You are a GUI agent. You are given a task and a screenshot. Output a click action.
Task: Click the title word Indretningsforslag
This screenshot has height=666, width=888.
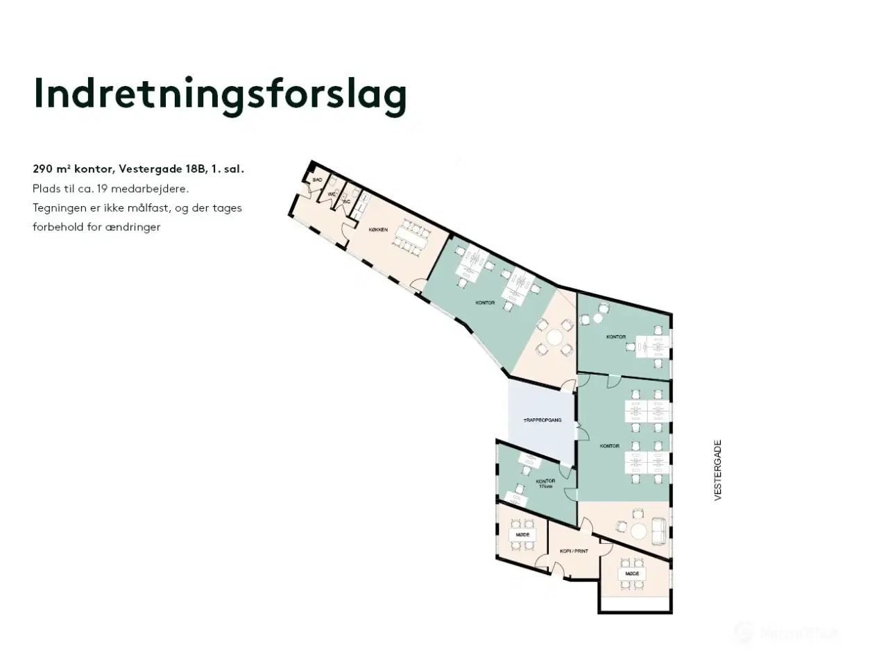(x=220, y=95)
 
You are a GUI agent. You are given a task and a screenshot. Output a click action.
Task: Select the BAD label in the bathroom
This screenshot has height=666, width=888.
(x=317, y=180)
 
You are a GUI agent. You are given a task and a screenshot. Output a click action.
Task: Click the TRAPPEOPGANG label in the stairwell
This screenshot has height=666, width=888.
(x=542, y=421)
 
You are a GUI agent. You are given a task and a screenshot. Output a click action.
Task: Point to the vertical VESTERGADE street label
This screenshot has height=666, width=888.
(x=718, y=470)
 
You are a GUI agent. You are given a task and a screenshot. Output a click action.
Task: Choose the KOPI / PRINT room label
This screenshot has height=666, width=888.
(x=574, y=552)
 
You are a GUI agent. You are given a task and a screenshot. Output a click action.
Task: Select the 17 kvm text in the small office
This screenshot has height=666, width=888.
(x=546, y=486)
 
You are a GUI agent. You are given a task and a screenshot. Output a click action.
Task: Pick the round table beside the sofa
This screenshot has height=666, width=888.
(x=638, y=531)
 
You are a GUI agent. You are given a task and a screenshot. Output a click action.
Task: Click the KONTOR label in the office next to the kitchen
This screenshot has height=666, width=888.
(x=486, y=302)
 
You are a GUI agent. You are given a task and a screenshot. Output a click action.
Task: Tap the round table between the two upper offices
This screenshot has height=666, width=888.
(x=554, y=338)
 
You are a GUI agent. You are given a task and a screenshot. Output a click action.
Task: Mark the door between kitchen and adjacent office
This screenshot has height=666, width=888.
(x=418, y=284)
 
